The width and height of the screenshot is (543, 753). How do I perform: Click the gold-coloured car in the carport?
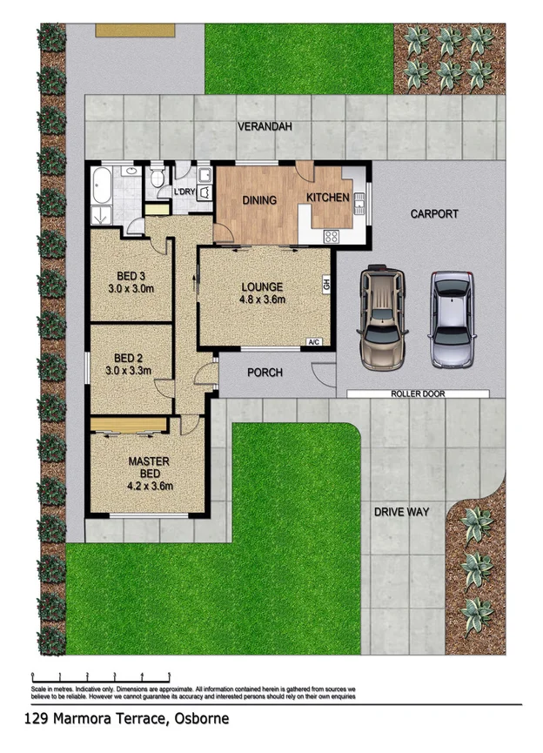(382, 318)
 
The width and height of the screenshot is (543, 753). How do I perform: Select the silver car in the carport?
(452, 319)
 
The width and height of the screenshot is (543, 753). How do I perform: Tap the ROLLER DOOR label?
(418, 393)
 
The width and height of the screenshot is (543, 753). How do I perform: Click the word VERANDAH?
(265, 127)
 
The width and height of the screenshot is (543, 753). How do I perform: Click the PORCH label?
(265, 373)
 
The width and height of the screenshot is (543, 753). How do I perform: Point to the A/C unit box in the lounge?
(315, 343)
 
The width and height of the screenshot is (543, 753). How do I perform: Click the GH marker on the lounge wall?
(326, 284)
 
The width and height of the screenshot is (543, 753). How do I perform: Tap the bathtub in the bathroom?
(101, 185)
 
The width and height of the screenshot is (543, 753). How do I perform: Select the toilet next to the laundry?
(158, 178)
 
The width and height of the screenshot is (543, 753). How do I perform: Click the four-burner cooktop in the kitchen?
(332, 235)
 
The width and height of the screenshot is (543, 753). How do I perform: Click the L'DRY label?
(184, 192)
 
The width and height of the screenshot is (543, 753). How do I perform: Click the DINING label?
(258, 200)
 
